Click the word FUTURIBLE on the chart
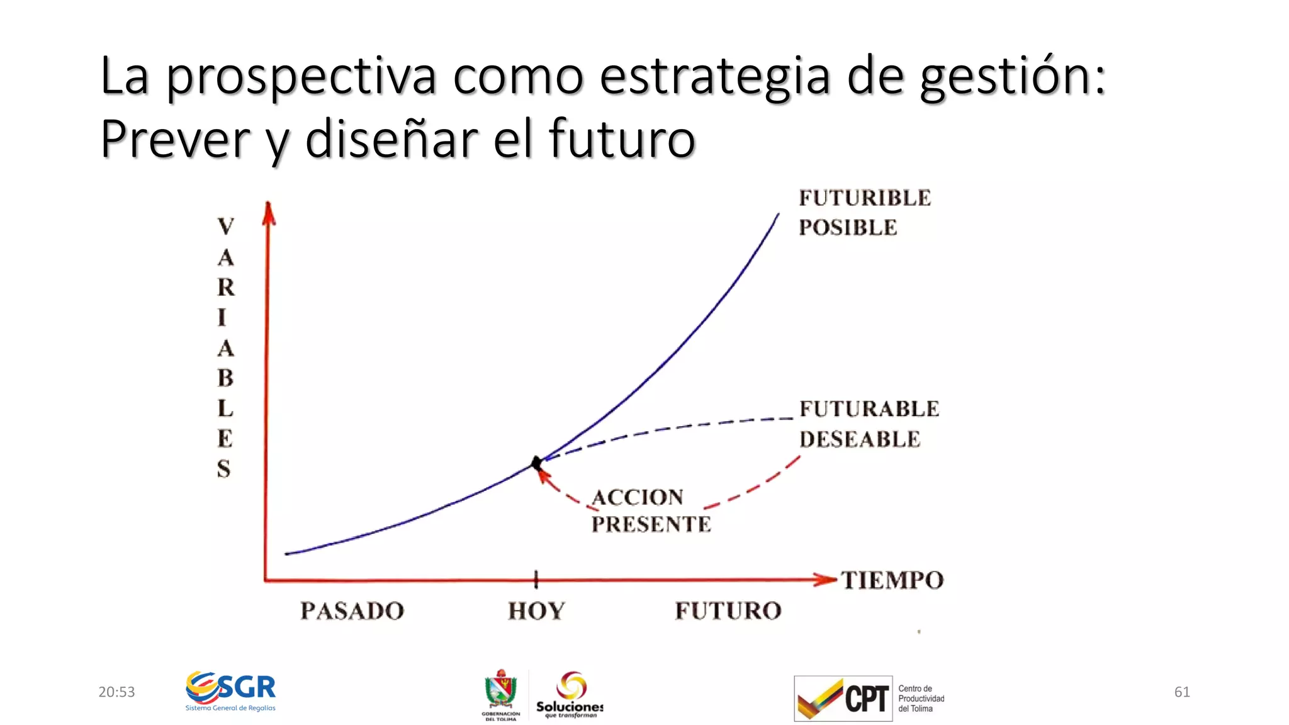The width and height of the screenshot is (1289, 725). click(x=865, y=198)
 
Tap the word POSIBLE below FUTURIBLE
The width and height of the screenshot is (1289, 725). click(x=848, y=228)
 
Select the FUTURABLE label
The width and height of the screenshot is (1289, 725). click(x=869, y=409)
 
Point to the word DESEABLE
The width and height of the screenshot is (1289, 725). click(x=860, y=439)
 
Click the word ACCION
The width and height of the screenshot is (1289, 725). click(x=638, y=498)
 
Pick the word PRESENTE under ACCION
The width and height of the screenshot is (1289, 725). click(x=651, y=524)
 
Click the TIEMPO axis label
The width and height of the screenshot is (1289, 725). click(x=892, y=580)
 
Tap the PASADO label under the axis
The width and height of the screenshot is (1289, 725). click(x=352, y=611)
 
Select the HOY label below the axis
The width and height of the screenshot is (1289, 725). click(x=536, y=611)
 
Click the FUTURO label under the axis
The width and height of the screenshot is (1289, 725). click(x=728, y=611)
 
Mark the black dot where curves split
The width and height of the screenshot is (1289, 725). click(x=536, y=464)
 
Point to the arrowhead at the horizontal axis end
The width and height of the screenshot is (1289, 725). click(x=824, y=580)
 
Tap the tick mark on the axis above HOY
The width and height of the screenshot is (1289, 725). click(x=536, y=579)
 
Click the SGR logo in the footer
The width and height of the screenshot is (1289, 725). click(x=231, y=690)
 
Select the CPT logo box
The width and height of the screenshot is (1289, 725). click(x=843, y=699)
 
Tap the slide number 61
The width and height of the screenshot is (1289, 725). click(x=1182, y=692)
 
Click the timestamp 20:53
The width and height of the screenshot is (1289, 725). click(x=116, y=692)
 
